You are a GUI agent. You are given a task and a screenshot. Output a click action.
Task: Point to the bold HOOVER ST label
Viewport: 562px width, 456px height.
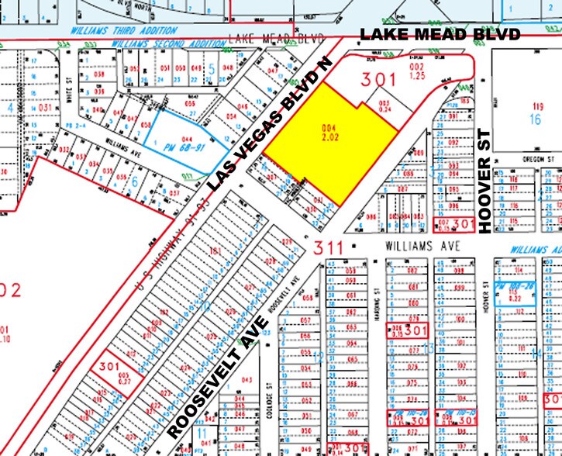click(486, 183)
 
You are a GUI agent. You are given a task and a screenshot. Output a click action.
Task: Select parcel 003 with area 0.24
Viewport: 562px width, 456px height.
click(383, 106)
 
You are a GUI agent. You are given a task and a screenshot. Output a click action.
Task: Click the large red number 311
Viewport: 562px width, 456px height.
click(328, 247)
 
